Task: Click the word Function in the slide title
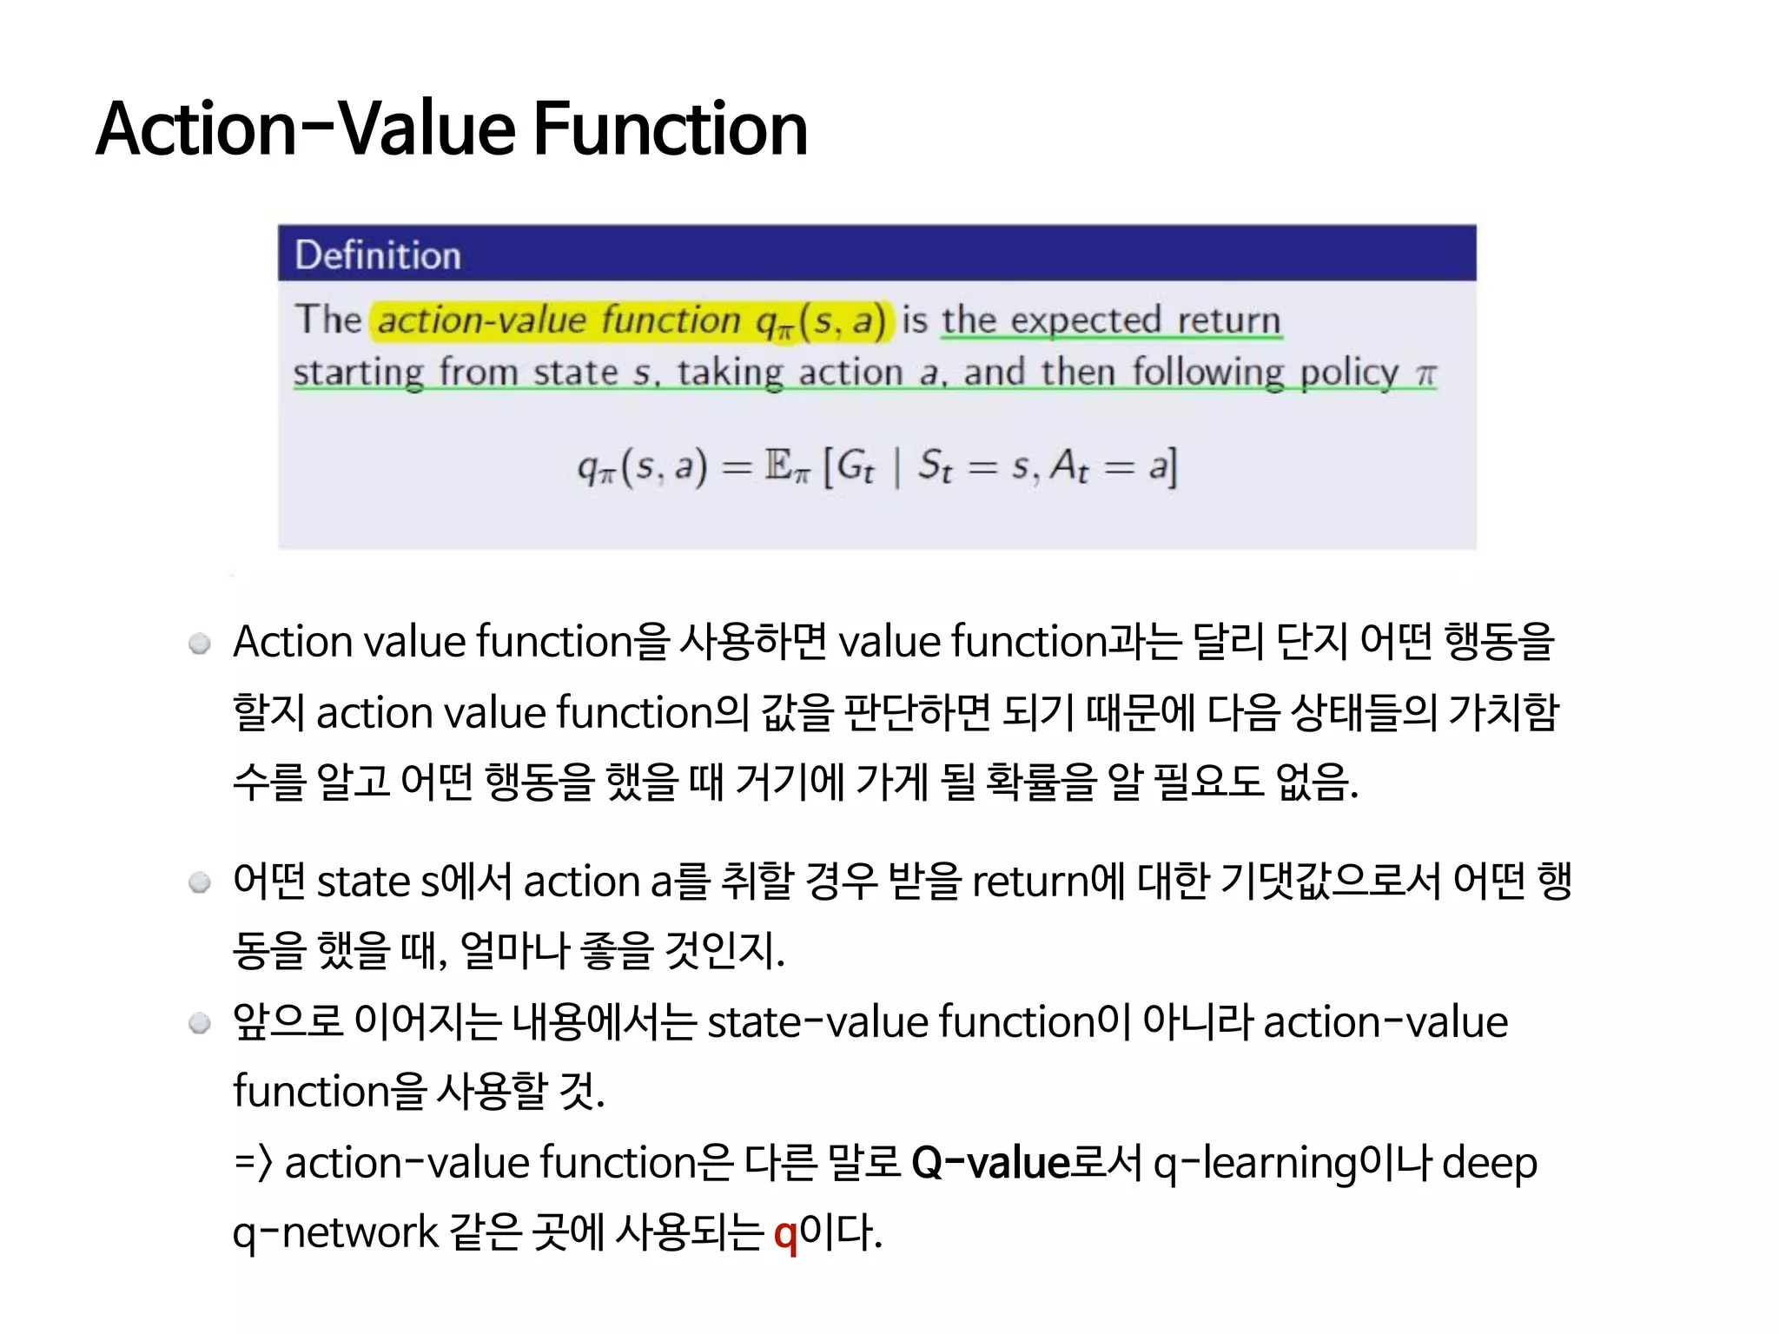pyautogui.click(x=670, y=129)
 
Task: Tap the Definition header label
pyautogui.click(x=378, y=255)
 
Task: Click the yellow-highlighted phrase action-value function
pyautogui.click(x=559, y=320)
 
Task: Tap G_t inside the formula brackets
pyautogui.click(x=856, y=467)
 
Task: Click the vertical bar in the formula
pyautogui.click(x=897, y=467)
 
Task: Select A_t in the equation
pyautogui.click(x=1068, y=467)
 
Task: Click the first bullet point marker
pyautogui.click(x=200, y=644)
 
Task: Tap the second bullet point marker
pyautogui.click(x=200, y=883)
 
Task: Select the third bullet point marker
pyautogui.click(x=200, y=1024)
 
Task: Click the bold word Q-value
pyautogui.click(x=990, y=1163)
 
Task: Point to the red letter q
pyautogui.click(x=784, y=1233)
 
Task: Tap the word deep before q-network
pyautogui.click(x=1489, y=1164)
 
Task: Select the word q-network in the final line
pyautogui.click(x=335, y=1233)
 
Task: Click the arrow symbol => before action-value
pyautogui.click(x=254, y=1163)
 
